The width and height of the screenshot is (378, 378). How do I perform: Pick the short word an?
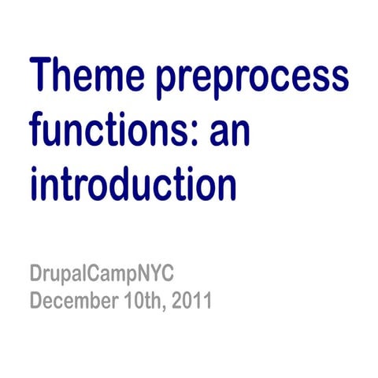(x=229, y=133)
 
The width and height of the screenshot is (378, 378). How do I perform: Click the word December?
(x=71, y=302)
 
